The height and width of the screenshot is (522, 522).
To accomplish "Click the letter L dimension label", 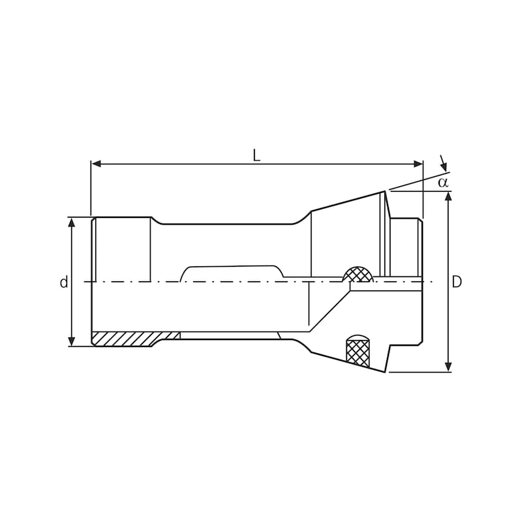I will pos(256,155).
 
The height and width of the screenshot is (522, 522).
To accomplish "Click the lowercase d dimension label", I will pos(63,283).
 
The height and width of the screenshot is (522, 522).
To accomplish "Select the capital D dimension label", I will pos(457,282).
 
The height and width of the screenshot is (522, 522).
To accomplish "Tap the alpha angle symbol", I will pos(443,182).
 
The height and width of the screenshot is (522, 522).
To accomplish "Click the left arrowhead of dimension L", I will pos(96,164).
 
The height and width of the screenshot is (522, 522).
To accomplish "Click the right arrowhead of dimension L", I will pos(418,164).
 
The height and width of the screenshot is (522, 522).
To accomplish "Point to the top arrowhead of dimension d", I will pos(72,223).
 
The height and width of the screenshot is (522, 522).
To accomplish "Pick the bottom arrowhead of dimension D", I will pos(448,367).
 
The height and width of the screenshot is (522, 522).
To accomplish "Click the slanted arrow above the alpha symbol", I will pos(443,164).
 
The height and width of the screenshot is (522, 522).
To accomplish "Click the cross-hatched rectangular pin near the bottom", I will pos(358,353).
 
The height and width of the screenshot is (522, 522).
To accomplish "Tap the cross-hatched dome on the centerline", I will pos(358,275).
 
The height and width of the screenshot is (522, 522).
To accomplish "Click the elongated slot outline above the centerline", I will pos(232,273).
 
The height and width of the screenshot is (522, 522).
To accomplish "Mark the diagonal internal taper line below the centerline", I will pos(330,311).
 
